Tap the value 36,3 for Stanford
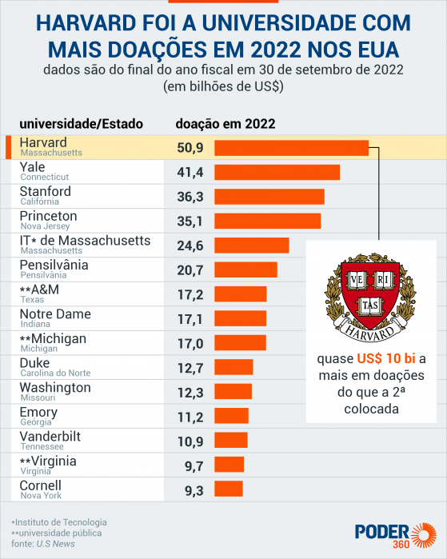pyautogui.click(x=190, y=197)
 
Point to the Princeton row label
pyautogui.click(x=48, y=216)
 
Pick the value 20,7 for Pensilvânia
pyautogui.click(x=190, y=270)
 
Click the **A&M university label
pyautogui.click(x=39, y=289)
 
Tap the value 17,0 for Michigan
pyautogui.click(x=190, y=343)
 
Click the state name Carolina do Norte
pyautogui.click(x=55, y=373)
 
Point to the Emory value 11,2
pyautogui.click(x=190, y=416)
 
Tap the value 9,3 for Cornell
pyautogui.click(x=190, y=489)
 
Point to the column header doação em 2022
pyautogui.click(x=225, y=123)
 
